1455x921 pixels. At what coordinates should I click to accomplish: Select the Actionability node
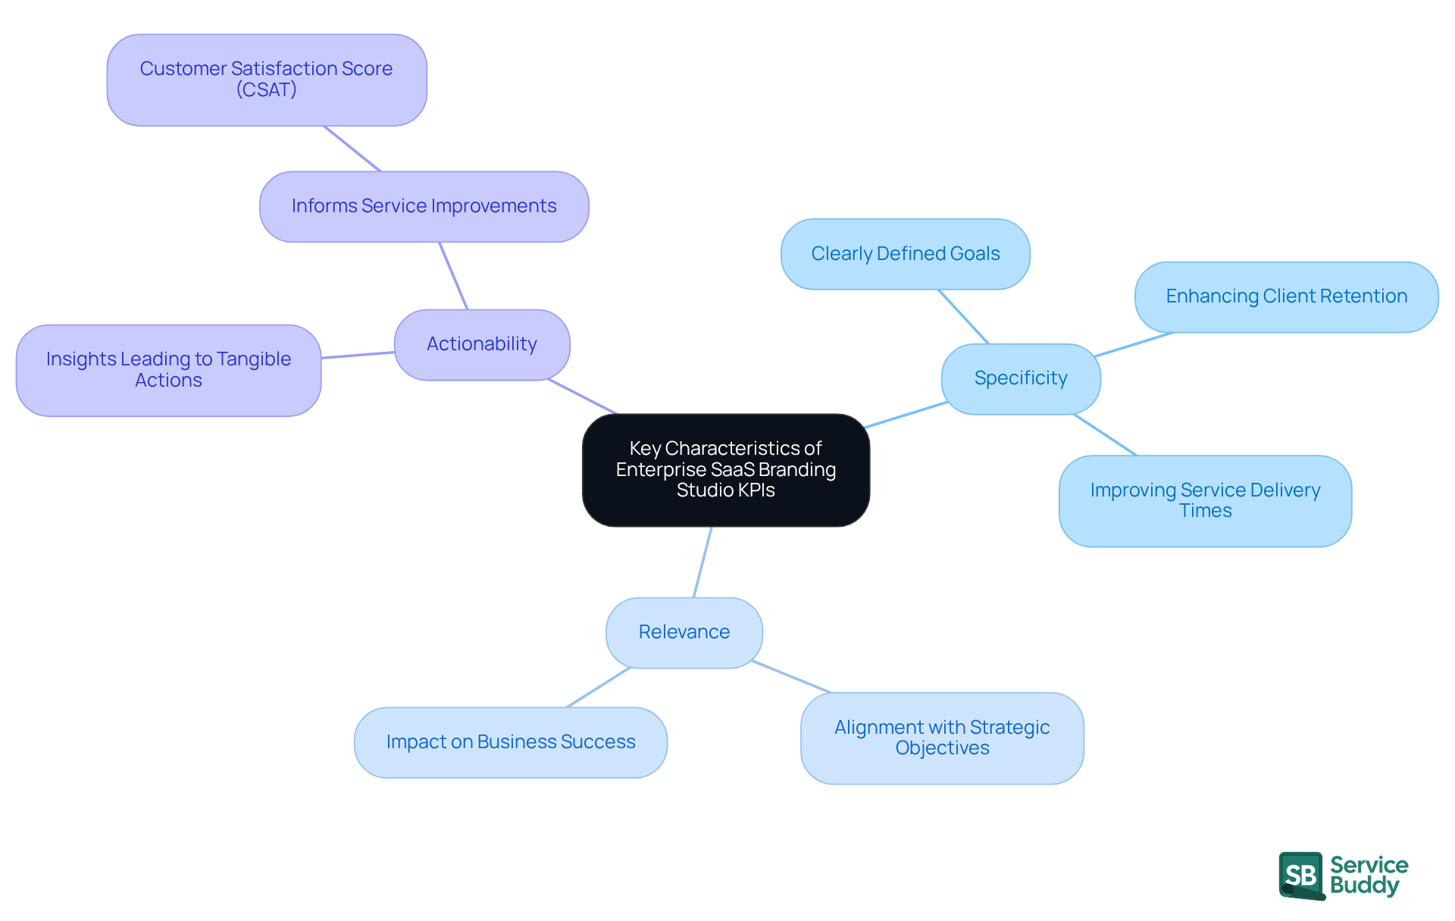482,344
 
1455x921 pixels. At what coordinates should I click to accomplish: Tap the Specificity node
1020,378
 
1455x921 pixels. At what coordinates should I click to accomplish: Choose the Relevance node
684,632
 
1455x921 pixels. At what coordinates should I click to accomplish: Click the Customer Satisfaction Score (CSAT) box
266,79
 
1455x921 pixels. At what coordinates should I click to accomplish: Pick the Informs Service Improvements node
424,206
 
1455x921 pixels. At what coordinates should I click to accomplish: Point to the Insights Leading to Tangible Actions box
168,370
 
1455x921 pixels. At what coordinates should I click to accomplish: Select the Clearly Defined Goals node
905,254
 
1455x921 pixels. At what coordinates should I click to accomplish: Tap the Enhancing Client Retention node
1286,296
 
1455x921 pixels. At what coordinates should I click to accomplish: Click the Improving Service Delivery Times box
1205,500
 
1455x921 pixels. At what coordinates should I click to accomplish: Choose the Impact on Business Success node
510,742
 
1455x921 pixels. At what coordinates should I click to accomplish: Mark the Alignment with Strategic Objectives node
942,738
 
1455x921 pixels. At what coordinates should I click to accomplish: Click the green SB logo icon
1301,876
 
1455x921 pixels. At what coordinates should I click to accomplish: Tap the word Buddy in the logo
1364,885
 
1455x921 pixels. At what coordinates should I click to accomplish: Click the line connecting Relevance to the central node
702,562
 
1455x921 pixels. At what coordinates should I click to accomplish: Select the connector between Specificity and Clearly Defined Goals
963,317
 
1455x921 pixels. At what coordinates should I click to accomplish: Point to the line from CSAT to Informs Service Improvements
352,149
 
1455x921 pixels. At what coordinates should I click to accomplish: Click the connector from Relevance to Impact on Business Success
598,688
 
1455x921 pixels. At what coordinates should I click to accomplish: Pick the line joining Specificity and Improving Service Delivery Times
1105,435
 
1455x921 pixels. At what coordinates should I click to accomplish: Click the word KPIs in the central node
755,490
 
